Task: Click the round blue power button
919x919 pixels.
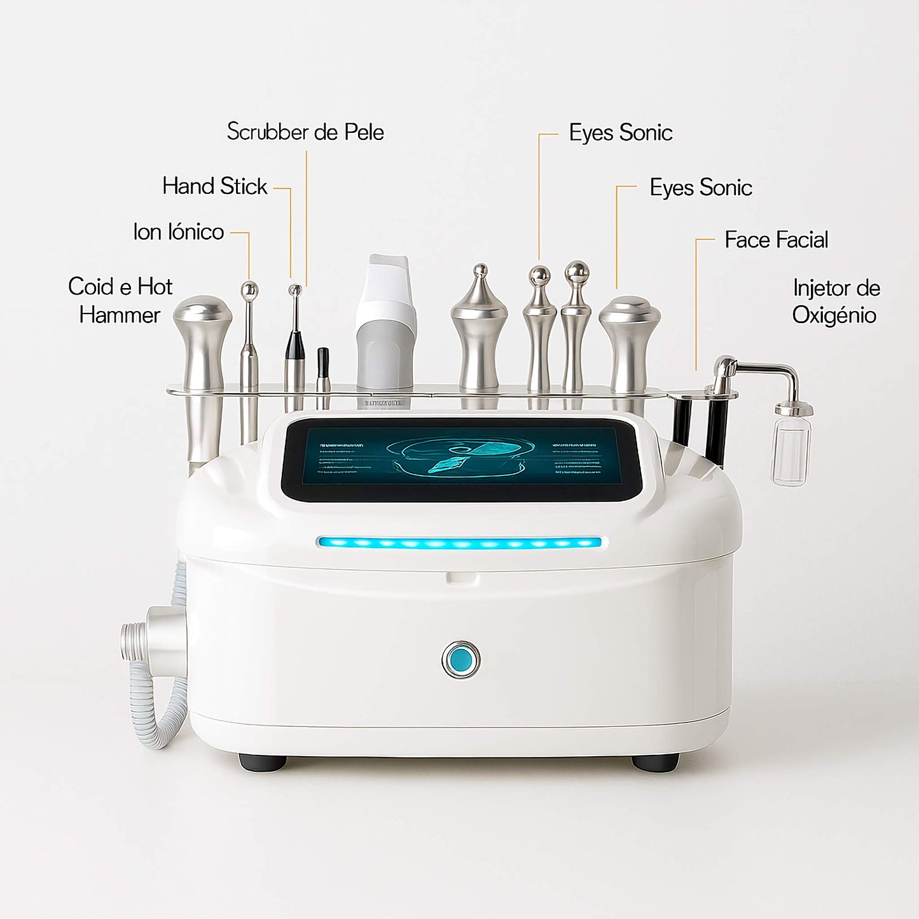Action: (460, 660)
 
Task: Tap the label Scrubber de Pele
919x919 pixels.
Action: (305, 132)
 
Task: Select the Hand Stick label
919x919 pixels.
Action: (214, 186)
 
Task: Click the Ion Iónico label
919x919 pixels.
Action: (178, 232)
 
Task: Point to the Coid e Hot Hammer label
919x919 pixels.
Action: (120, 300)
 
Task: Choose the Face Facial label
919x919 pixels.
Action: (776, 240)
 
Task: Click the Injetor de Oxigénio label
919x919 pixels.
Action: (836, 301)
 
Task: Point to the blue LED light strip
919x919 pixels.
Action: (459, 543)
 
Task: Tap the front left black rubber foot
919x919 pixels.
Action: (262, 762)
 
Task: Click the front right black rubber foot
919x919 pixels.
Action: (655, 762)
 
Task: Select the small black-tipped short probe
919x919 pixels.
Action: (323, 369)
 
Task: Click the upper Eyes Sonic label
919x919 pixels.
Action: (620, 133)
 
